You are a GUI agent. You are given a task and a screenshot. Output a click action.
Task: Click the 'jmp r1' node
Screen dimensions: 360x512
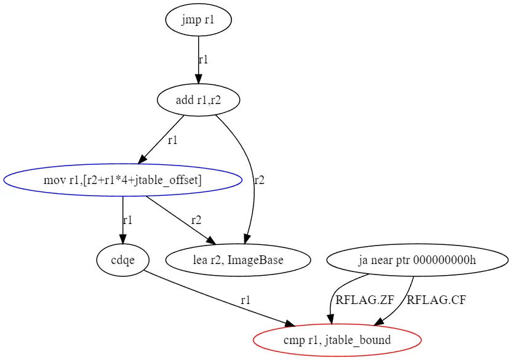coord(198,20)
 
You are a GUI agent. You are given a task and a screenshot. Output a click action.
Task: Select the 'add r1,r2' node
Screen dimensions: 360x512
coord(198,100)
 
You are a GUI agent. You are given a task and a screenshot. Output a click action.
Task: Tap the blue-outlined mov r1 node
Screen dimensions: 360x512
coord(122,180)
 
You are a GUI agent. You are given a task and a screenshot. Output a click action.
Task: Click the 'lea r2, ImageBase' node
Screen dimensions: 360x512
coord(238,260)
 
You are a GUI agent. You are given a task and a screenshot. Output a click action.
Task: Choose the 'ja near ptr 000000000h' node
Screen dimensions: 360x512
coord(417,260)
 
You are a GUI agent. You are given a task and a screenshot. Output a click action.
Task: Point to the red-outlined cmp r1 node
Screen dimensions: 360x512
coord(337,340)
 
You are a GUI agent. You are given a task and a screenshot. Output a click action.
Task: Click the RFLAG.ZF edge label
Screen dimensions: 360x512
coord(365,300)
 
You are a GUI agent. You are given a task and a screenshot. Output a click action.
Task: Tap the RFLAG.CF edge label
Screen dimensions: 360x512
coord(436,300)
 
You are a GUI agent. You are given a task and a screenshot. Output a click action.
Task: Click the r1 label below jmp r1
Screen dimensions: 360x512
coord(203,60)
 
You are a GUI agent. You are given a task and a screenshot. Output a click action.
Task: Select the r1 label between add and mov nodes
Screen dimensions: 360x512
coord(173,140)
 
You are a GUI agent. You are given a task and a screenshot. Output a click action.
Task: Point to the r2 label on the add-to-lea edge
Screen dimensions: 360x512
coord(259,180)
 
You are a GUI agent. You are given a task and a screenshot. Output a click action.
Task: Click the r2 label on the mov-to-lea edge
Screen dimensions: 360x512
coord(196,220)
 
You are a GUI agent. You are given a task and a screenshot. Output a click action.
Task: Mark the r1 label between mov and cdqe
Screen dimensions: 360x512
coord(127,220)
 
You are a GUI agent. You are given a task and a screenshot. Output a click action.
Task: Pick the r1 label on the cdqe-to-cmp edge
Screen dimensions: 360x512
coord(246,300)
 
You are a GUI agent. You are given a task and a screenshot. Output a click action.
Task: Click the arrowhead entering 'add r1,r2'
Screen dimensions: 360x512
coord(198,79)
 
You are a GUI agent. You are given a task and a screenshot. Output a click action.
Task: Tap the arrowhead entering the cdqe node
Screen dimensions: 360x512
coord(122,239)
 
